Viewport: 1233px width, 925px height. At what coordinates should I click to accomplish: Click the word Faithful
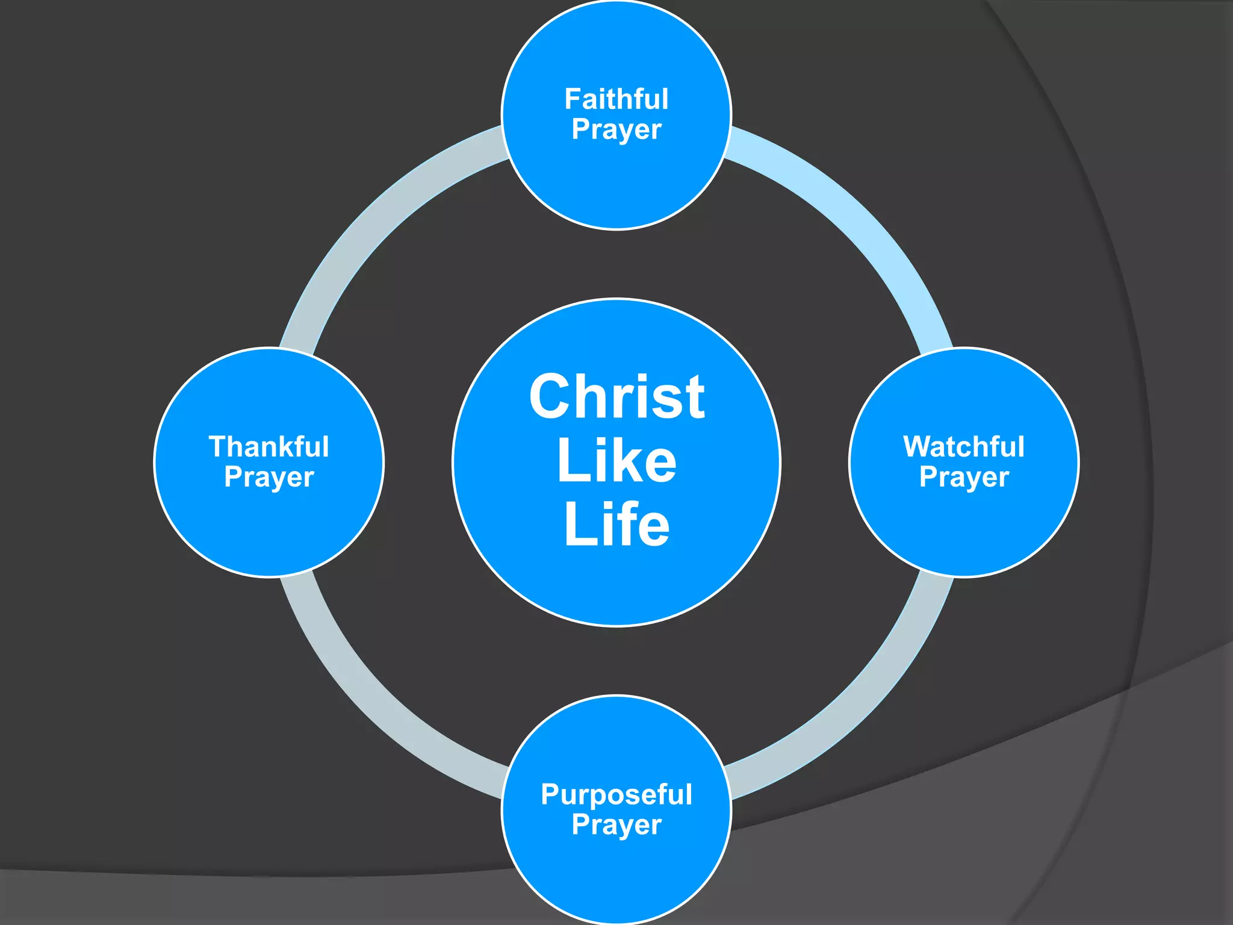(x=616, y=99)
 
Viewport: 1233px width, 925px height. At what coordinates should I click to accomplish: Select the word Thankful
(x=269, y=447)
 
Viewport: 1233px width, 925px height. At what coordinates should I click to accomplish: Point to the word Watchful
(x=964, y=447)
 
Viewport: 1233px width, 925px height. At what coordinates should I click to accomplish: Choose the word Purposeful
(x=616, y=794)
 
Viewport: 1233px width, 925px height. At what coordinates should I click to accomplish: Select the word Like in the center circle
(x=616, y=461)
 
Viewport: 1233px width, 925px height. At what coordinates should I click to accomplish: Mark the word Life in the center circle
(x=616, y=525)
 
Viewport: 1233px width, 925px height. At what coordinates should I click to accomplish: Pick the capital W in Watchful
(x=919, y=447)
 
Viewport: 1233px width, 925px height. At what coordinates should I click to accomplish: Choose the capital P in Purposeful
(x=551, y=794)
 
